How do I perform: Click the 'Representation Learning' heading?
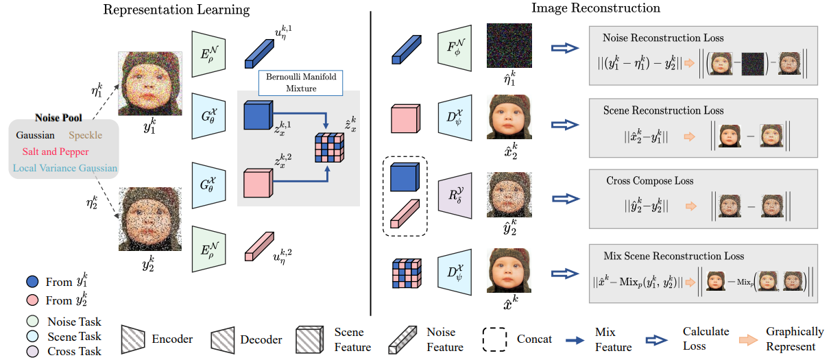(x=176, y=10)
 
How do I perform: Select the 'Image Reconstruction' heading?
(x=596, y=9)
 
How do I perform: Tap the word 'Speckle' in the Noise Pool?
(x=86, y=136)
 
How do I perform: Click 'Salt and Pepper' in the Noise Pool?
(x=55, y=152)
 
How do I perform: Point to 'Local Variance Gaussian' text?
(x=64, y=168)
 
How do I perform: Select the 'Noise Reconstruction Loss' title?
(x=663, y=38)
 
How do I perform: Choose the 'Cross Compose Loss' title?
(x=649, y=181)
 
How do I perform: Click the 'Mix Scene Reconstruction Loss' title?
(x=673, y=256)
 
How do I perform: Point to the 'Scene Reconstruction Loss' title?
(x=663, y=110)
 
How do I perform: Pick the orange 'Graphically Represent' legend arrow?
(x=744, y=339)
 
